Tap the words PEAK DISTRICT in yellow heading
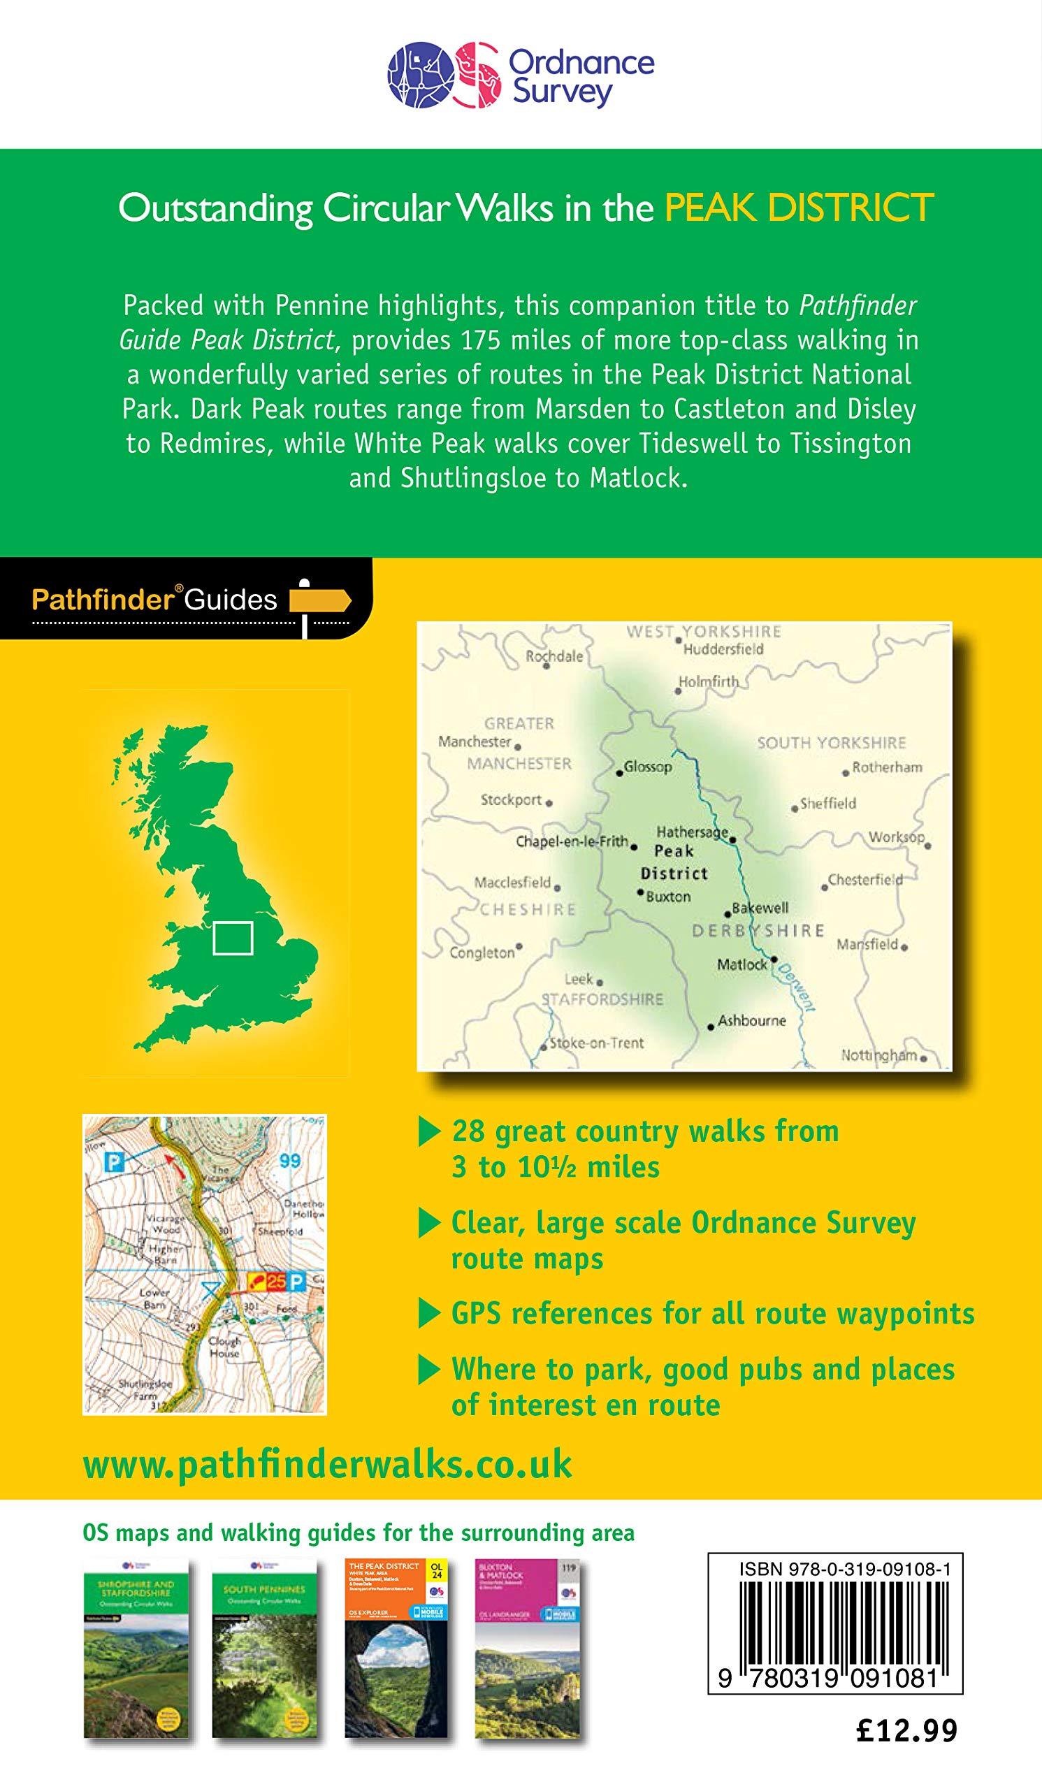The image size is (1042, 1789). [x=799, y=208]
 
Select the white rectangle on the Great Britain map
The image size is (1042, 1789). [x=232, y=937]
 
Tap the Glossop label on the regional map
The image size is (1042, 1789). [x=647, y=767]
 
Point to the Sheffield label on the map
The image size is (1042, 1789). [x=827, y=804]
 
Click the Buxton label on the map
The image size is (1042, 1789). [x=667, y=897]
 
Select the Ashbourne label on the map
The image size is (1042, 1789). [x=752, y=1020]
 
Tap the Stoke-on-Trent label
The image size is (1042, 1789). [x=596, y=1043]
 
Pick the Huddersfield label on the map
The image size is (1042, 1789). [x=723, y=649]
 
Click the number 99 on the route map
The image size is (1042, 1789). [x=289, y=1161]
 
